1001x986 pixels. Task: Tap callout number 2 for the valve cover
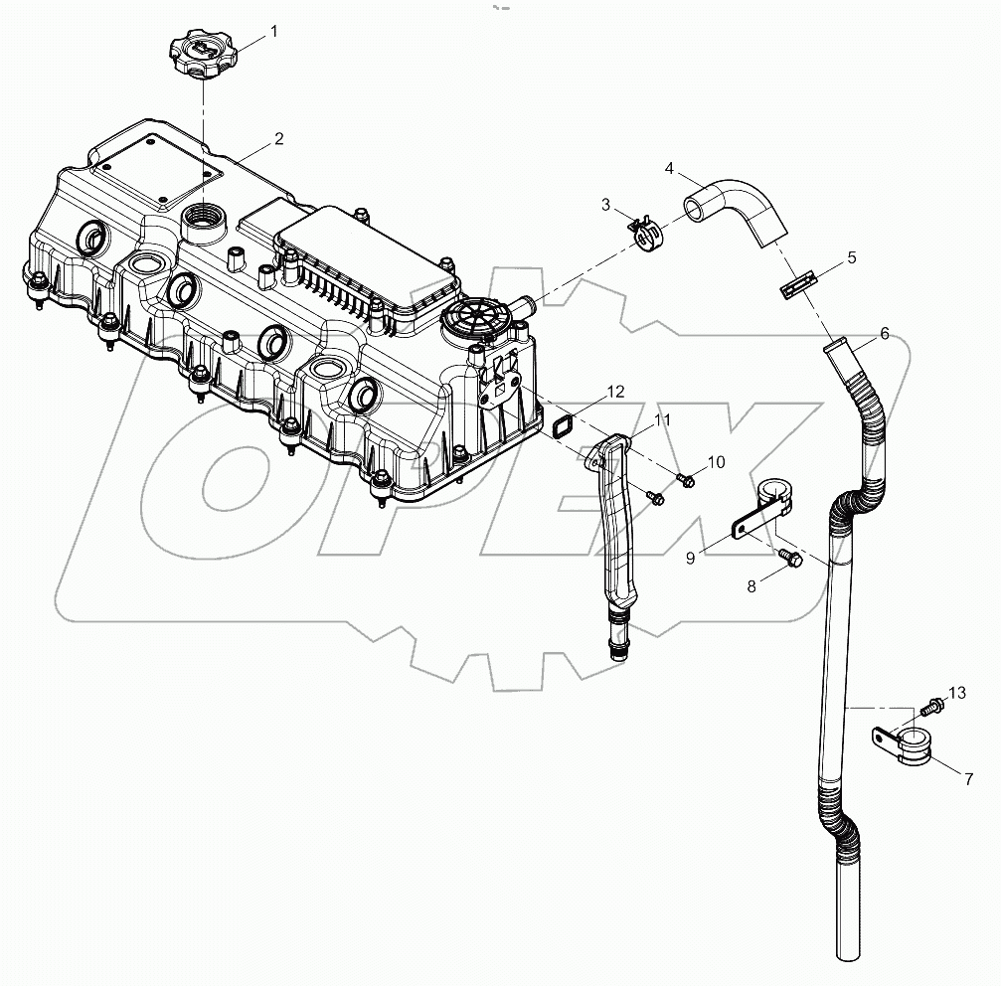pos(278,138)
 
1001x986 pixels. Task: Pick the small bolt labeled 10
pos(685,481)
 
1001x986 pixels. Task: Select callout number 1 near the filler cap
pos(274,31)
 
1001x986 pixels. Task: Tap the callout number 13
pos(956,692)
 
